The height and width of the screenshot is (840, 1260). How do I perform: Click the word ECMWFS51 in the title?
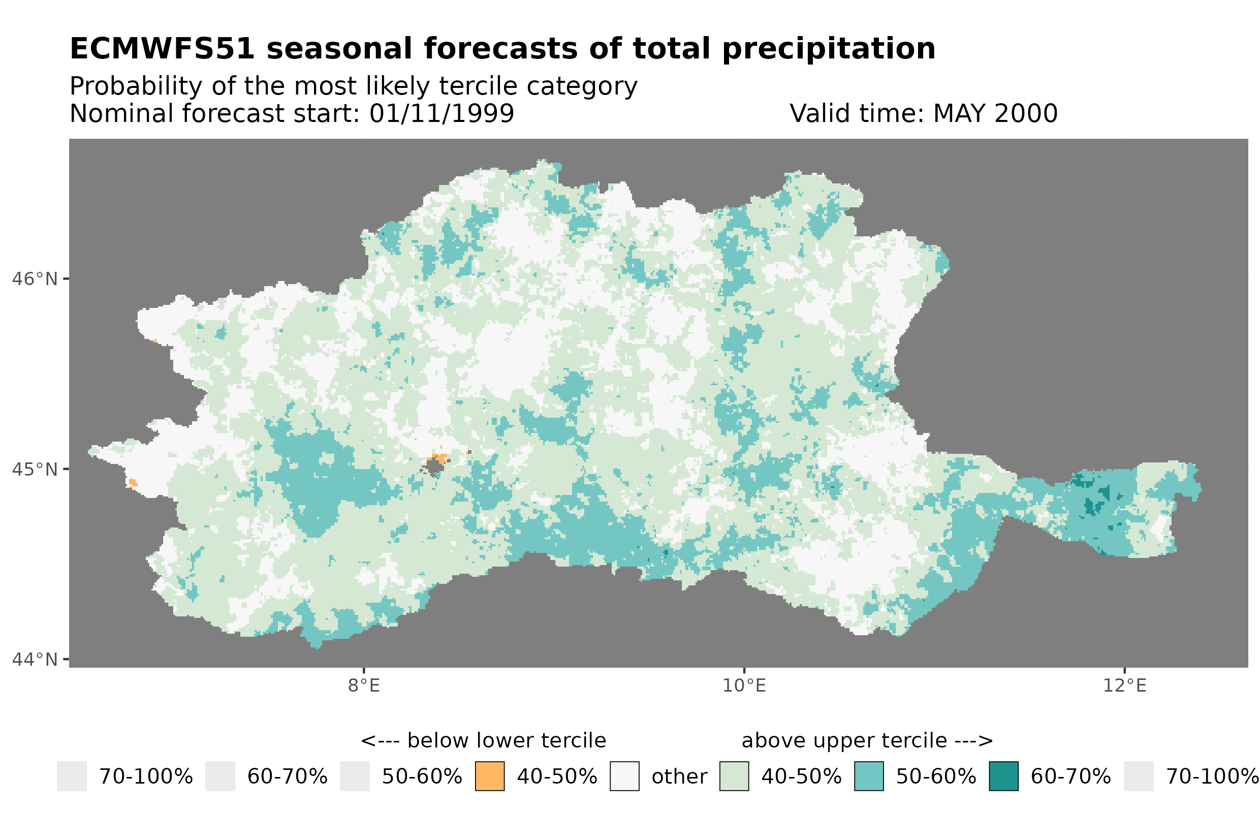162,49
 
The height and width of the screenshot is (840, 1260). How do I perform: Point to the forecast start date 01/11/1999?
441,113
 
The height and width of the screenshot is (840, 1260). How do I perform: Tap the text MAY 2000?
995,113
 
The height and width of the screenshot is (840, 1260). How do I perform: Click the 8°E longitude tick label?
364,686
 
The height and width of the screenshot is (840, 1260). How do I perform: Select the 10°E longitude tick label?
744,686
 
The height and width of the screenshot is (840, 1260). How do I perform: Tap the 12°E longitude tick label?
1124,686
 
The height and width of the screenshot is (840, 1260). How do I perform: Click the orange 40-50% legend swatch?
489,776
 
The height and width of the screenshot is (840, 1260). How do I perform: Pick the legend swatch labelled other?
624,776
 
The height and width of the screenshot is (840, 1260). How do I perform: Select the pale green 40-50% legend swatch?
734,776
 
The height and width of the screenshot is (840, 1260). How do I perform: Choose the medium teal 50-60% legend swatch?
869,776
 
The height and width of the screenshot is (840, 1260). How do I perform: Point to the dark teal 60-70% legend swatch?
1003,776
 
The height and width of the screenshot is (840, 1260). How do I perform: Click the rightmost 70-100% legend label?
1212,776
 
